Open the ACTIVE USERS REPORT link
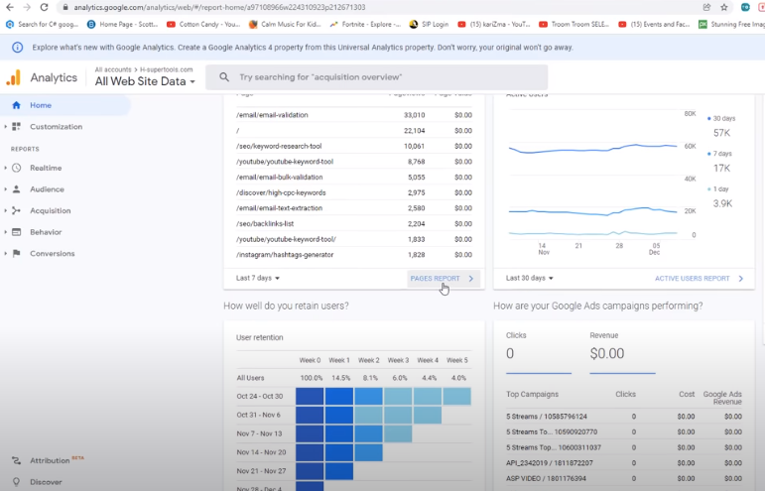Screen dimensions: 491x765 pyautogui.click(x=693, y=279)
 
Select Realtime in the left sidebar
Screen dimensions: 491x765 pyautogui.click(x=46, y=168)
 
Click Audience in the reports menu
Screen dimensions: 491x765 pyautogui.click(x=47, y=189)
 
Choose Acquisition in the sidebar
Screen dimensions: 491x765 pyautogui.click(x=50, y=210)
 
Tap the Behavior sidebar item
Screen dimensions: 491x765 pyautogui.click(x=46, y=232)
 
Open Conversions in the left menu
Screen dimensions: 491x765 pyautogui.click(x=52, y=253)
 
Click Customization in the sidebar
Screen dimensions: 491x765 pyautogui.click(x=56, y=127)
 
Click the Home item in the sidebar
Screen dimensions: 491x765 pyautogui.click(x=41, y=105)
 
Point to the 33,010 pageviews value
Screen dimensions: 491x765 pyautogui.click(x=414, y=115)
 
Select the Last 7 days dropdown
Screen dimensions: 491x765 pyautogui.click(x=258, y=279)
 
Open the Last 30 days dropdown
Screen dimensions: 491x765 pyautogui.click(x=530, y=279)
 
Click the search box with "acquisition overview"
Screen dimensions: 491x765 pyautogui.click(x=377, y=77)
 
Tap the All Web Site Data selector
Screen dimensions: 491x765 pyautogui.click(x=145, y=81)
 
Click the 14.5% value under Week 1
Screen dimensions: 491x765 pyautogui.click(x=339, y=378)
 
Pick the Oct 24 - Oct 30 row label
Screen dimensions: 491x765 pyautogui.click(x=260, y=397)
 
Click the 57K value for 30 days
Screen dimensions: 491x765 pyautogui.click(x=721, y=133)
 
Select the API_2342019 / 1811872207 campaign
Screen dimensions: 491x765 pyautogui.click(x=549, y=463)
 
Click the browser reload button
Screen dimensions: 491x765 pyautogui.click(x=44, y=7)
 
